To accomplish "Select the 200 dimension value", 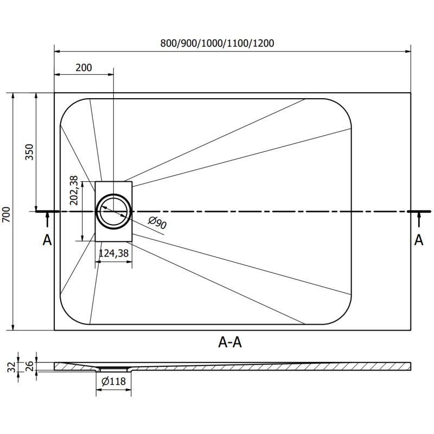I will pos(84,67).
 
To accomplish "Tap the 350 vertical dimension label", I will pos(29,154).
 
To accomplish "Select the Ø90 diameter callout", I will pos(157,223).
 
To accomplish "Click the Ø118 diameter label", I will pos(113,381).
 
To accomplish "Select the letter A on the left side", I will pos(47,240).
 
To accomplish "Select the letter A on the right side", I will pos(418,240).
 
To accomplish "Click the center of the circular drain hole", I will pos(113,210).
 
